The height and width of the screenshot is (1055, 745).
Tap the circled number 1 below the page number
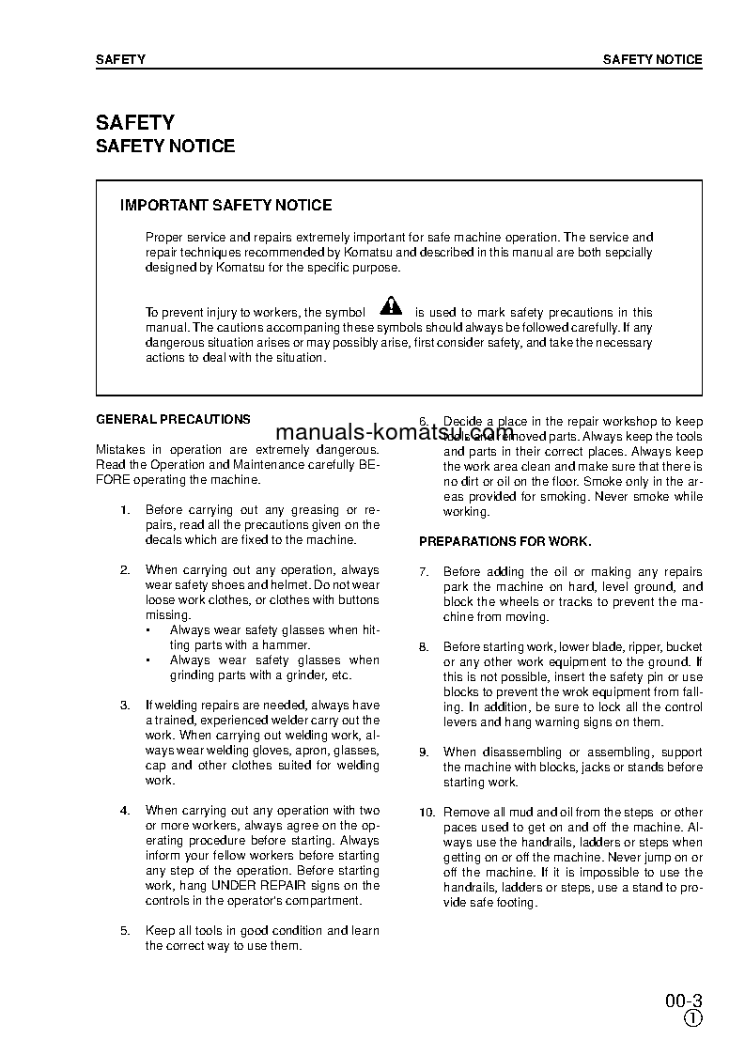[x=692, y=1019]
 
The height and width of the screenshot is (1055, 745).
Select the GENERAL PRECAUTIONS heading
[x=173, y=420]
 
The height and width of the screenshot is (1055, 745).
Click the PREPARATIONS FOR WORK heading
[x=504, y=542]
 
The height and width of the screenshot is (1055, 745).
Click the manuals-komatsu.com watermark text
[x=395, y=433]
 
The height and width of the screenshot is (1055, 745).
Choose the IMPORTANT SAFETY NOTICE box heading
[x=225, y=205]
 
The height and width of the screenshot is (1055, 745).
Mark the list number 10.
[x=427, y=813]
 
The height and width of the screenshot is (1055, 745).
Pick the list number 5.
[x=125, y=931]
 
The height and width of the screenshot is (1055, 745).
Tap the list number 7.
[x=424, y=572]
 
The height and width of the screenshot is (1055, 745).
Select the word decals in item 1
[x=162, y=540]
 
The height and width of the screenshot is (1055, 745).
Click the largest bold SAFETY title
[x=135, y=123]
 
